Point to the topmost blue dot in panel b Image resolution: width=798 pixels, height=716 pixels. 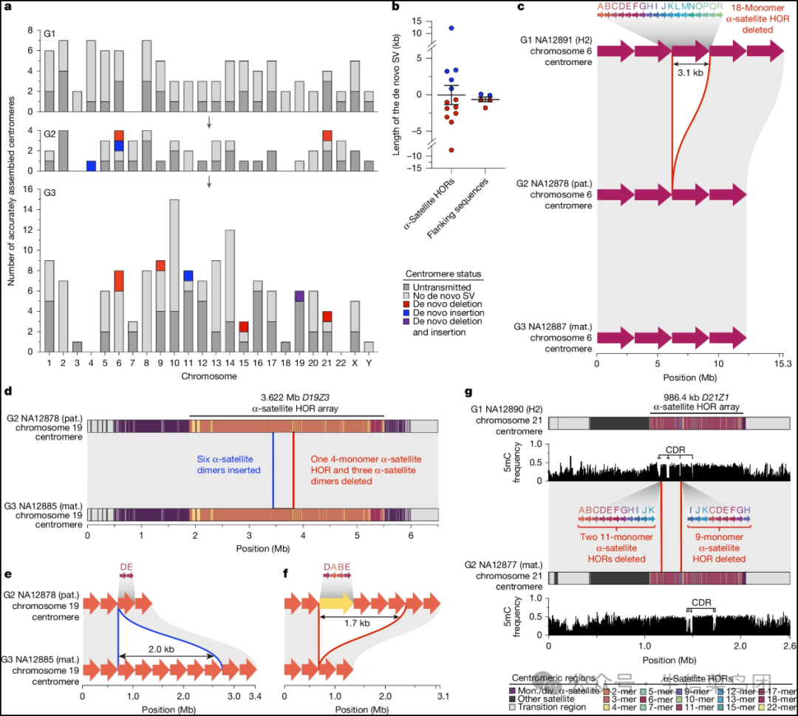[x=451, y=28]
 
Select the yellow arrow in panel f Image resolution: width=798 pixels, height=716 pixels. [x=335, y=604]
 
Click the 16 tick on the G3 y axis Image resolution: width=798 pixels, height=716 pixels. [x=28, y=189]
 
